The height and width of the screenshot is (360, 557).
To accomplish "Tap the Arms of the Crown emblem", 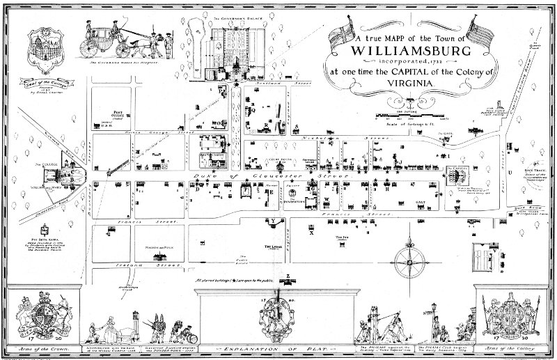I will (x=38, y=314).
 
